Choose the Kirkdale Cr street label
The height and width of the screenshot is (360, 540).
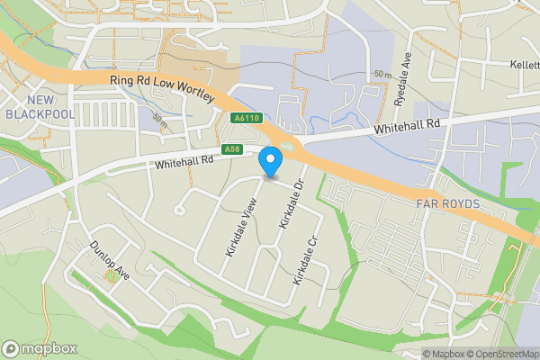tap(306, 261)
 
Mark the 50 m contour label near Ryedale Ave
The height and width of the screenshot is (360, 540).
tap(382, 72)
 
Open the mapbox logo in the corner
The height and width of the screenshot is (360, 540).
tap(38, 349)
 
